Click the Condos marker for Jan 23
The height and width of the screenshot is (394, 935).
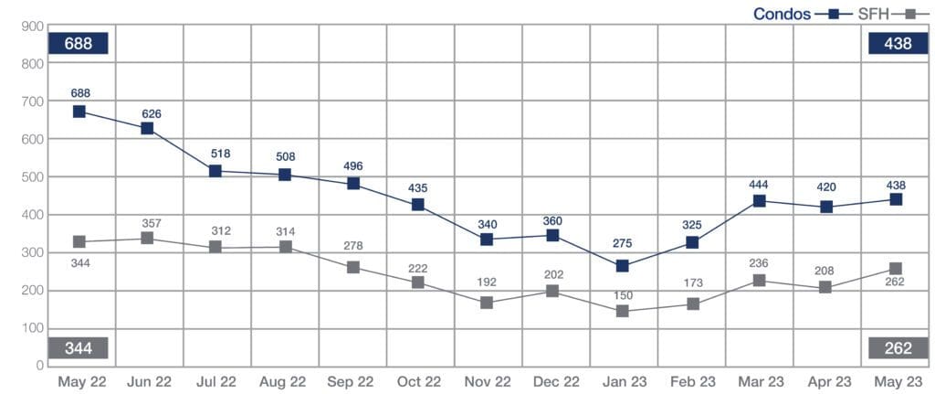pyautogui.click(x=622, y=266)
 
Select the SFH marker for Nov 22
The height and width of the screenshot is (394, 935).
pyautogui.click(x=487, y=302)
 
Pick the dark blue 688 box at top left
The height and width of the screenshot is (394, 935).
pyautogui.click(x=79, y=43)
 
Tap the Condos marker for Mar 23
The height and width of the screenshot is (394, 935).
pyautogui.click(x=758, y=201)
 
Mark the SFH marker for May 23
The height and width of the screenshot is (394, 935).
pyautogui.click(x=896, y=270)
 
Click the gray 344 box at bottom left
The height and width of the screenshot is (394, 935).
pyautogui.click(x=79, y=348)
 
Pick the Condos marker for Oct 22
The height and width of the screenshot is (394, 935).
pyautogui.click(x=418, y=205)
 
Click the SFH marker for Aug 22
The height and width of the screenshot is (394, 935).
pyautogui.click(x=285, y=247)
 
